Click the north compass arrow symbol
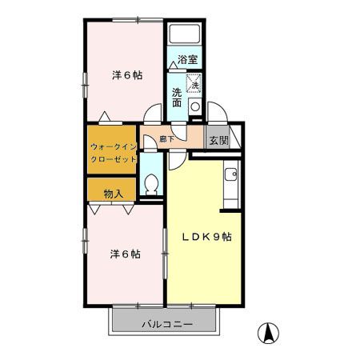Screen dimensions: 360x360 270,330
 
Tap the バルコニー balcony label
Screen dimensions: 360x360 163,324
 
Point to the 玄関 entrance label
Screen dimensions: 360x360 218,139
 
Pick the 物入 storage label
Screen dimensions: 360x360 114,193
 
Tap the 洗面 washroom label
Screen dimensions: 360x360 177,97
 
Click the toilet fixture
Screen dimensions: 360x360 150,183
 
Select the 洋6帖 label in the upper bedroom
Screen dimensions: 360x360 126,75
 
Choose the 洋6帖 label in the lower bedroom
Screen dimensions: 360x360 126,254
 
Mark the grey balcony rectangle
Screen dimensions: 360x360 163,323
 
